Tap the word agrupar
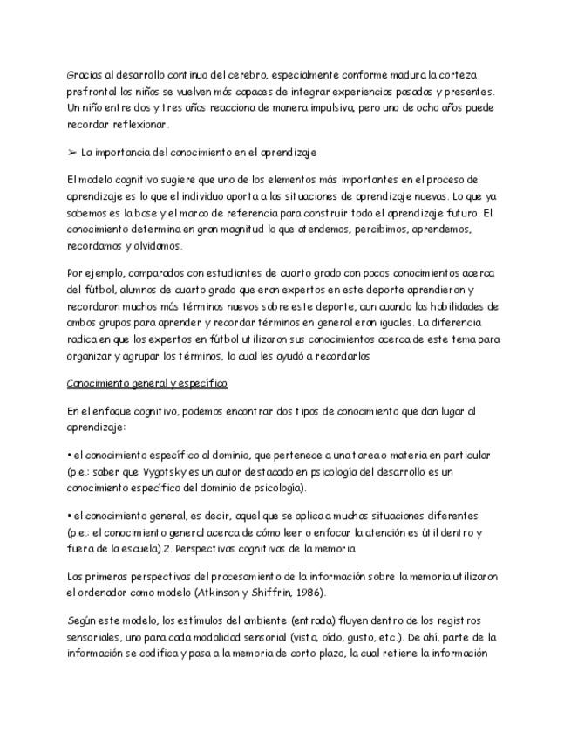coord(155,355)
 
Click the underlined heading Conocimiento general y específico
coord(146,383)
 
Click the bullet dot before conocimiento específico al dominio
coord(68,456)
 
